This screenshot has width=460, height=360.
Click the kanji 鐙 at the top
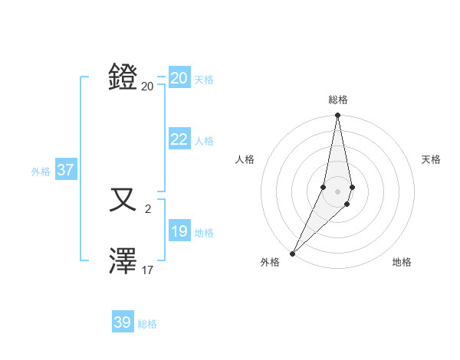pos(123,77)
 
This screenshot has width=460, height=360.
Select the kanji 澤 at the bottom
pos(123,261)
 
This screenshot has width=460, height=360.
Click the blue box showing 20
pos(179,78)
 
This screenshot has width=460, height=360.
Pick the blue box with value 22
pos(179,139)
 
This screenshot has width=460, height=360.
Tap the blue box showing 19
pos(179,231)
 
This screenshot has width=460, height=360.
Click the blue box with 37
pos(65,170)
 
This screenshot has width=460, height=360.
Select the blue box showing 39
pos(122,322)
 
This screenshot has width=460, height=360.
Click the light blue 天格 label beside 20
pos(204,80)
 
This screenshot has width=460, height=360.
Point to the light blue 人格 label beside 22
pos(204,141)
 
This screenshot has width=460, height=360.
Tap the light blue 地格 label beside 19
pos(204,233)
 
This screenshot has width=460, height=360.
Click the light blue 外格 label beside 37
pos(41,172)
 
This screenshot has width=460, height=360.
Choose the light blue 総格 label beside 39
pos(147,324)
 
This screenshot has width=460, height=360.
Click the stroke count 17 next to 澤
pos(148,270)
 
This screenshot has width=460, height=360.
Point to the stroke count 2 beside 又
pos(148,208)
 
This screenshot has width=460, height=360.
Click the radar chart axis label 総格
pos(337,100)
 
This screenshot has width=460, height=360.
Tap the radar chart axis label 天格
pos(431,159)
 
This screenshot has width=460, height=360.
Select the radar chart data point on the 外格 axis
pos(292,253)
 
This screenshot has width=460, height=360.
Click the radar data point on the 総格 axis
pos(337,116)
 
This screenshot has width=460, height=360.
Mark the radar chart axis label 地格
pos(402,262)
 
